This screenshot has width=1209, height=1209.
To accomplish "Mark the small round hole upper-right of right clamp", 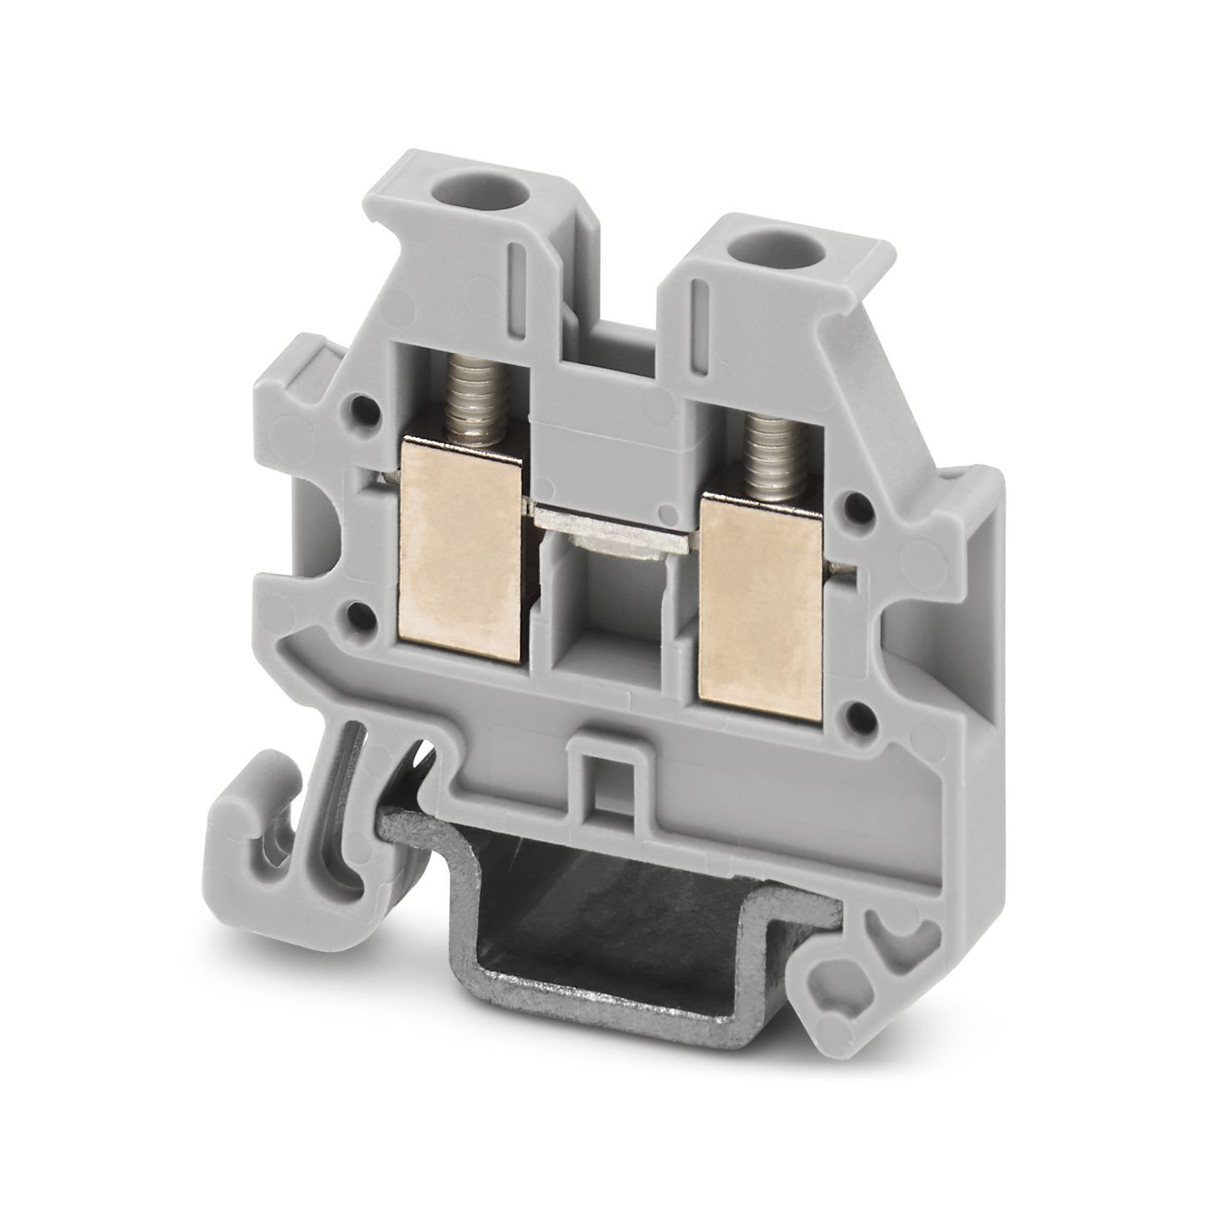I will click(x=862, y=507).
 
